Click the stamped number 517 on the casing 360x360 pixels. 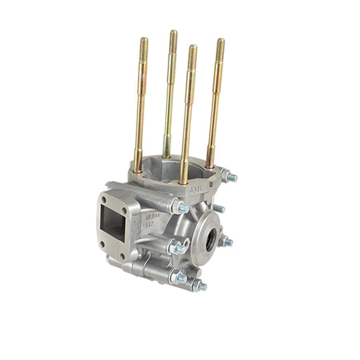[x=150, y=225]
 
